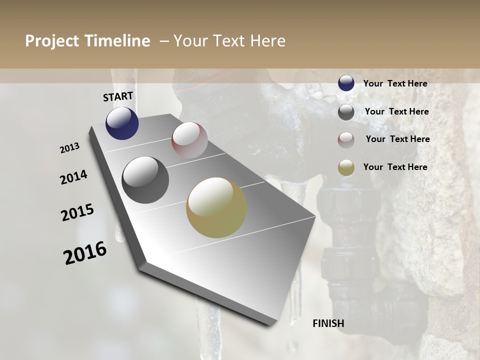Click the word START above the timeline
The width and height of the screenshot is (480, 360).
click(118, 96)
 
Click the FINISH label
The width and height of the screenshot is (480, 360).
click(328, 323)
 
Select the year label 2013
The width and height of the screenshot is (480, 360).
click(70, 148)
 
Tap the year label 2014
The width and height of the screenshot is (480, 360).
click(74, 177)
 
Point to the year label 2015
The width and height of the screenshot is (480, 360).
click(77, 212)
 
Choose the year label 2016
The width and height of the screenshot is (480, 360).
click(85, 253)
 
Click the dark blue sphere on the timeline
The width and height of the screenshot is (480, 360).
click(122, 123)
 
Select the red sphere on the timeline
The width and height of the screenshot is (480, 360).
click(189, 139)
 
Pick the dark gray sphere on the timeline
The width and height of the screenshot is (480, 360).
click(145, 180)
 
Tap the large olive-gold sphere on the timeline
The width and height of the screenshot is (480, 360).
click(216, 207)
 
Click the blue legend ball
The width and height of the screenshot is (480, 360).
click(346, 83)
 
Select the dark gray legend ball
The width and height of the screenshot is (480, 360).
click(346, 112)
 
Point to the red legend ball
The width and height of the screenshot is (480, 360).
click(346, 140)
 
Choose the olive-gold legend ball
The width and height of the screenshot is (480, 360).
click(346, 167)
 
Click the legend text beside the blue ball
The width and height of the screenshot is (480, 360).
click(395, 83)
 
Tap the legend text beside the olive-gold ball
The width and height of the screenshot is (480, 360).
click(395, 167)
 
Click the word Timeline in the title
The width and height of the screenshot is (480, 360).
click(118, 41)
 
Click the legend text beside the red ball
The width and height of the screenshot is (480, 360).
click(397, 139)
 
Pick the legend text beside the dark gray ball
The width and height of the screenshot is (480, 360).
click(396, 111)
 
